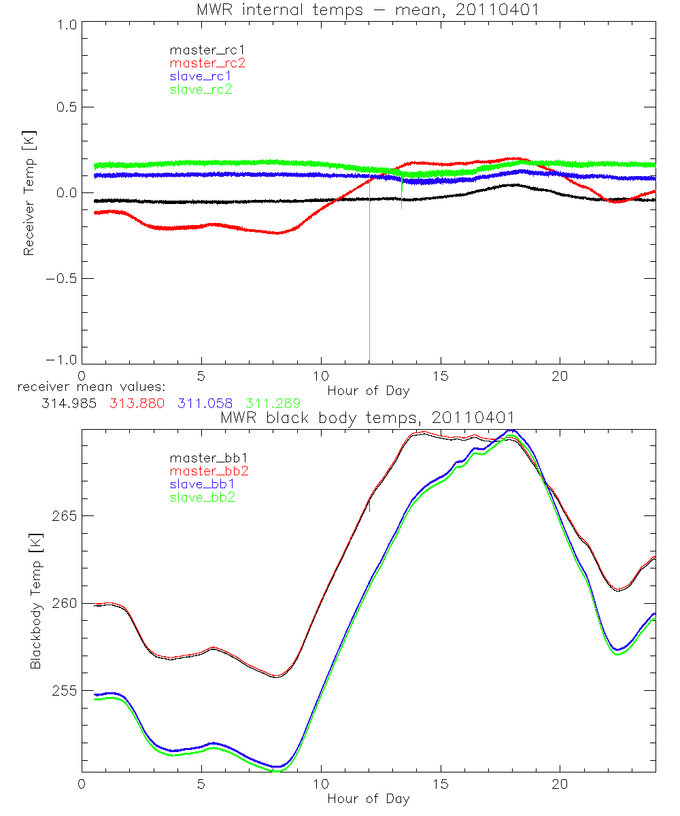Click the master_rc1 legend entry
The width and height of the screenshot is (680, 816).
coord(201,50)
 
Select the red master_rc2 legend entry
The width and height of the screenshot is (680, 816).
coord(207,63)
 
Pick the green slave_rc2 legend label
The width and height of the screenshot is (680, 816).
coord(201,89)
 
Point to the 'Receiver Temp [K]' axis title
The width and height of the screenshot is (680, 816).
coord(29,193)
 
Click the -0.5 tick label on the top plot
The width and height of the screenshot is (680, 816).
coord(58,279)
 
